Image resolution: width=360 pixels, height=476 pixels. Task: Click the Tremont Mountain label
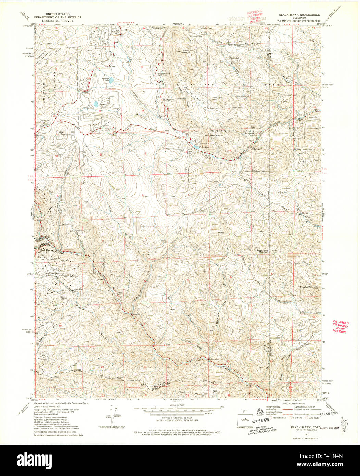pyautogui.click(x=183, y=51)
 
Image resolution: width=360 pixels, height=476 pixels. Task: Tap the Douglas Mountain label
pyautogui.click(x=309, y=287)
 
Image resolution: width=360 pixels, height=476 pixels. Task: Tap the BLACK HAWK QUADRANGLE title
pyautogui.click(x=299, y=15)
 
